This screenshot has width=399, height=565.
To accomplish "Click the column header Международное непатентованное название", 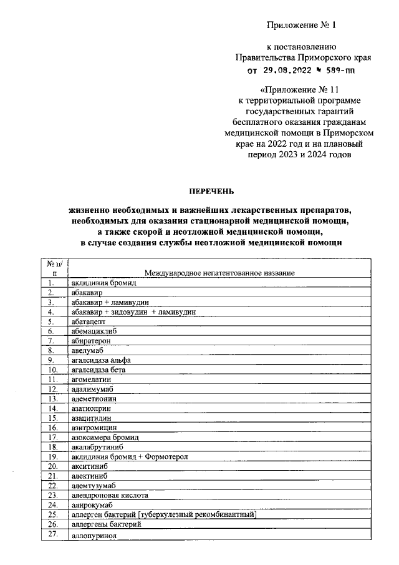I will tap(219, 273).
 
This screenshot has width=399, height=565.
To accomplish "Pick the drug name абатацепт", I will tap(88, 321).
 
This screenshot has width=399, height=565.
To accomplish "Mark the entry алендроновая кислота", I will tap(109, 495).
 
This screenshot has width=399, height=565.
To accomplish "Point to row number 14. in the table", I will tap(53, 408).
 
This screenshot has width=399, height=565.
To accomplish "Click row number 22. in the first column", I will tap(53, 486).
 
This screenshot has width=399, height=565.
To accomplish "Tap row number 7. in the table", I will tap(53, 340).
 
